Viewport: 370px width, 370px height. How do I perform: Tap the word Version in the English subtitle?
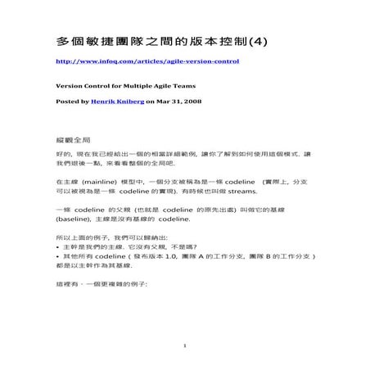66,86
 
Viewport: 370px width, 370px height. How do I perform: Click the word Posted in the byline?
65,102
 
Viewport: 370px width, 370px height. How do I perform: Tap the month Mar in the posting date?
164,102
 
